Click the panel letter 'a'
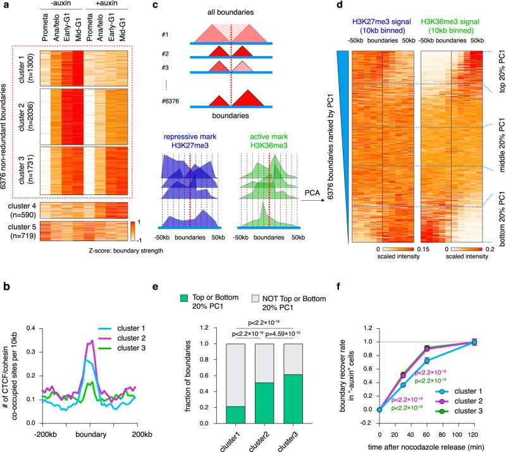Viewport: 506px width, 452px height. pyautogui.click(x=4, y=5)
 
